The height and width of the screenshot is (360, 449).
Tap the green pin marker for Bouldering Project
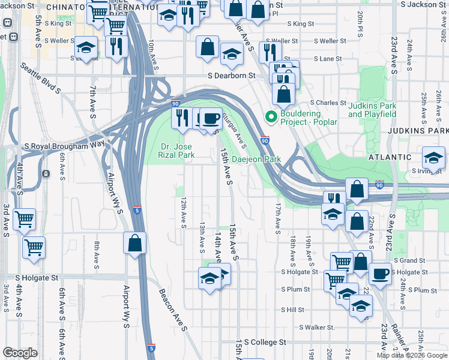tap(271, 117)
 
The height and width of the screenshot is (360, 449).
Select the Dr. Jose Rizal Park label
tap(177, 150)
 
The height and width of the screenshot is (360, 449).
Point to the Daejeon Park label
tap(256, 160)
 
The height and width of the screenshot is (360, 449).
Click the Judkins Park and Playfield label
tap(372, 109)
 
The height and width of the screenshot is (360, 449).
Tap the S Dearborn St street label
tap(232, 76)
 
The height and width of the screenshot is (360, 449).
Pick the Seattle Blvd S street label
tap(41, 78)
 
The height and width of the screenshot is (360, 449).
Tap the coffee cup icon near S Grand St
tap(379, 274)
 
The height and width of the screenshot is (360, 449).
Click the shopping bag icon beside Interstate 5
tap(134, 244)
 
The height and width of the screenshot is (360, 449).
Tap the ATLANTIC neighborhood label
tap(391, 157)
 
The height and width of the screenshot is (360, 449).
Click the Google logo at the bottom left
tap(20, 353)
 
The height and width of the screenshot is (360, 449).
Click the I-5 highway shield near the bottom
tap(151, 347)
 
